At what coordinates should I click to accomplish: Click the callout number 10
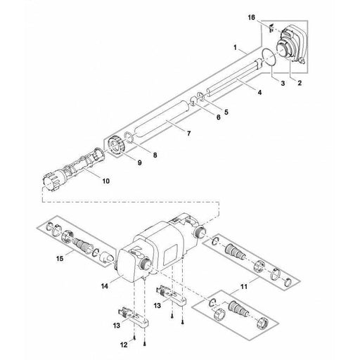(x=106, y=181)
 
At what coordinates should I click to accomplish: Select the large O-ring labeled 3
(x=264, y=59)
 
